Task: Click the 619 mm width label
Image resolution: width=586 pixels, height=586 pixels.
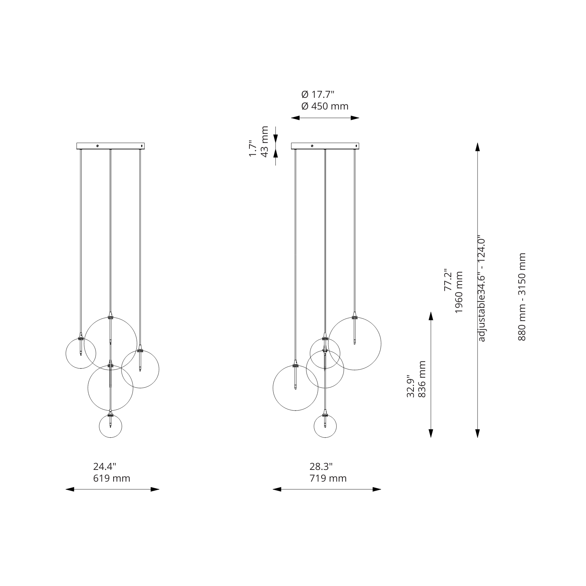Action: tap(112, 478)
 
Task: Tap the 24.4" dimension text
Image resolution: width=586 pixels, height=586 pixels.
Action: tap(104, 467)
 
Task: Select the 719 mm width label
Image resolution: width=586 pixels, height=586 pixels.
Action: tap(328, 478)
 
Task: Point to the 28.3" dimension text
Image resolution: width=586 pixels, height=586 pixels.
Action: tap(321, 467)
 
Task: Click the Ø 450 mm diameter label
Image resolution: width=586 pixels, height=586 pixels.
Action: tap(325, 106)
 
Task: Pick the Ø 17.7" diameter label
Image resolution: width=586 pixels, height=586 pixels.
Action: tap(318, 94)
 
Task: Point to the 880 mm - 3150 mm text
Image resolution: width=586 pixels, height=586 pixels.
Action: tap(522, 297)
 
